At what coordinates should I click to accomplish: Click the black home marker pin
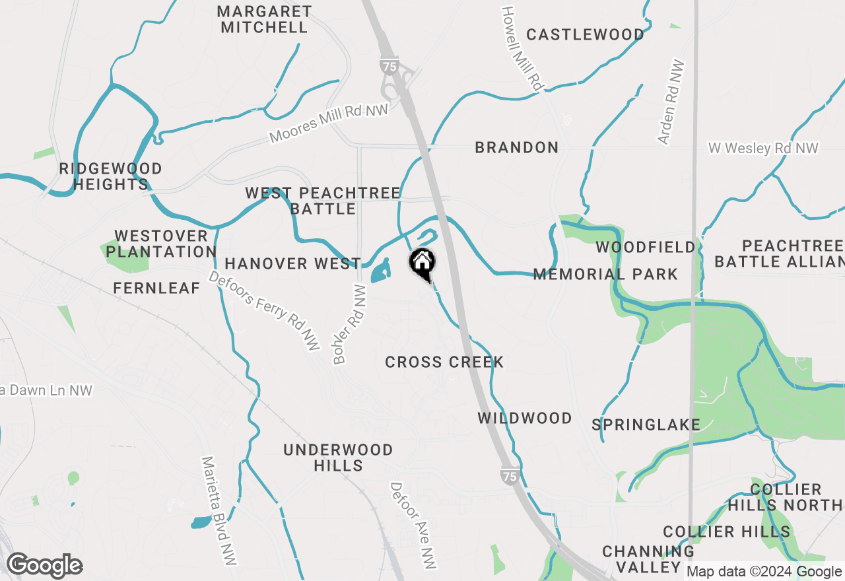(422, 263)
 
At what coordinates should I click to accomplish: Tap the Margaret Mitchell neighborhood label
(264, 19)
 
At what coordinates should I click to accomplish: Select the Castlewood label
(585, 34)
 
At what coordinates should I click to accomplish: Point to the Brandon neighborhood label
(516, 147)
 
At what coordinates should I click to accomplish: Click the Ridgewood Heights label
(110, 176)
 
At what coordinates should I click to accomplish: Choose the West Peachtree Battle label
(323, 201)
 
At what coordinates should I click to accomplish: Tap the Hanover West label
(292, 264)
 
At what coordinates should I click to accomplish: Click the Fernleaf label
(156, 288)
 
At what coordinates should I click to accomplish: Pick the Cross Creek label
(444, 362)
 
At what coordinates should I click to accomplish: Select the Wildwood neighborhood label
(525, 418)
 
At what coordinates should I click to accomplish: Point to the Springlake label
(646, 425)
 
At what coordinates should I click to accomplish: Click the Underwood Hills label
(338, 458)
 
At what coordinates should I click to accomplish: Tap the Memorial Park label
(605, 274)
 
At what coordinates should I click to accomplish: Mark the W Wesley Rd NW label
(763, 148)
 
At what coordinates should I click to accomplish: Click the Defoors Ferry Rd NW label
(264, 310)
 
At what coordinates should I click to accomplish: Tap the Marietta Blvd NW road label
(219, 510)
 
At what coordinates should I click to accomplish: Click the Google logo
(45, 565)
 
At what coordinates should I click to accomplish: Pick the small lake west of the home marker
(381, 271)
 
